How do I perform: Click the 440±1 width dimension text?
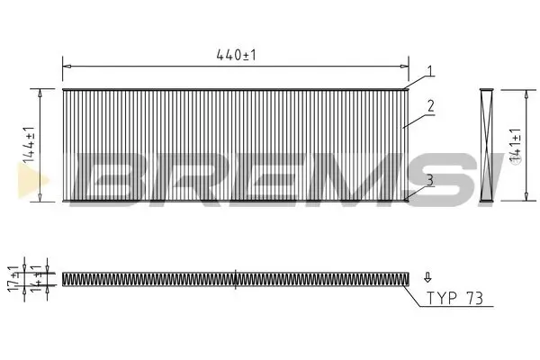point(236,56)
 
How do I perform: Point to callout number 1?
point(430,71)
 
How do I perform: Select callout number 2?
point(431,106)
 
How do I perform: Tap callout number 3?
point(430,180)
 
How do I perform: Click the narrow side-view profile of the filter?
point(487,144)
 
